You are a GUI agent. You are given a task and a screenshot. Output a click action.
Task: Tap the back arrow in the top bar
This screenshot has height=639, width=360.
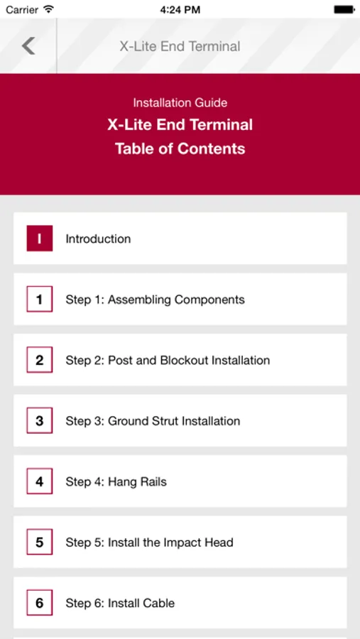tap(28, 45)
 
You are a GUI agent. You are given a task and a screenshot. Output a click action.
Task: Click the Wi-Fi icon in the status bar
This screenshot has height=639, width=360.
tap(49, 9)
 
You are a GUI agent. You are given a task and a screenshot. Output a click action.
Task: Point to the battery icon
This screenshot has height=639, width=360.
tap(344, 9)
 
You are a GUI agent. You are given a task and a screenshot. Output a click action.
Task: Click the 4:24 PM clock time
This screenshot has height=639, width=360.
tap(180, 9)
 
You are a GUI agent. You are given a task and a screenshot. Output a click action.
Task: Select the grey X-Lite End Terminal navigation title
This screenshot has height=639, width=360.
tap(180, 46)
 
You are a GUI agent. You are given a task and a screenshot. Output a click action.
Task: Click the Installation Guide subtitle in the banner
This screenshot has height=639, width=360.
tap(180, 102)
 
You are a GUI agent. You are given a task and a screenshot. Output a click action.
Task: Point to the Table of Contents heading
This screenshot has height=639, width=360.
tap(180, 148)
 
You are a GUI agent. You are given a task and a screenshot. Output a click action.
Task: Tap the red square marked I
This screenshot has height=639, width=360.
tap(40, 239)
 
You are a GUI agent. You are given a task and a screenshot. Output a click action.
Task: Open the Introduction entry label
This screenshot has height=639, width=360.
tap(98, 239)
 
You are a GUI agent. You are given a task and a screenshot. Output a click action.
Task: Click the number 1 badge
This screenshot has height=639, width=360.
tap(40, 299)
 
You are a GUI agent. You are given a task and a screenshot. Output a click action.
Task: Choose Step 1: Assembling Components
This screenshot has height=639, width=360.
tap(156, 300)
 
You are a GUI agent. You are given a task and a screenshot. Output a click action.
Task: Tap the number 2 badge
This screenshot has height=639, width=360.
tap(40, 360)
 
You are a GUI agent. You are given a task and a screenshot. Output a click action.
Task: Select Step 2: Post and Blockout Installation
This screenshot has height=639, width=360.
tap(168, 360)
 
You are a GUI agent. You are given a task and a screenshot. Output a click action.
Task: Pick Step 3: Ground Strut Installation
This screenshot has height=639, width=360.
tap(153, 421)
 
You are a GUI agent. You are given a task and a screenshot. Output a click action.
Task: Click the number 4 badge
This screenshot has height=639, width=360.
tap(40, 481)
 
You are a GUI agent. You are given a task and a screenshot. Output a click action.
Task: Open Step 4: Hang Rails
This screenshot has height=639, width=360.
tap(116, 481)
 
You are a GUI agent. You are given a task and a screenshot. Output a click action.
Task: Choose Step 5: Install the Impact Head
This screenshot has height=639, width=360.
tap(149, 542)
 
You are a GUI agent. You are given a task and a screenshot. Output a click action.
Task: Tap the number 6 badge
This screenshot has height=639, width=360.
tap(40, 603)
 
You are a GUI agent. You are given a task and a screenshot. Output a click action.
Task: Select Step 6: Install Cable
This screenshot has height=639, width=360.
tap(120, 603)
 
